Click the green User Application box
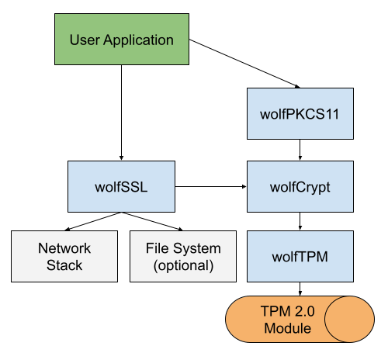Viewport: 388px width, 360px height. point(122,40)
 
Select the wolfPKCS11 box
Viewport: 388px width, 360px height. point(300,113)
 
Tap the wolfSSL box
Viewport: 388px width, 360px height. point(121,187)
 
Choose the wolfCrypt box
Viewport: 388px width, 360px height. point(300,187)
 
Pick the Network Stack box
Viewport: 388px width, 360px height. point(64,256)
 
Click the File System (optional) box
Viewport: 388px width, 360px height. point(183,256)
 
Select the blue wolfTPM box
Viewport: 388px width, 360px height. point(300,256)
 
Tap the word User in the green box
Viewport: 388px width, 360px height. point(85,40)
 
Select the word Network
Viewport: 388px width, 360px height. point(64,249)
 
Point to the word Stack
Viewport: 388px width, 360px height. point(64,265)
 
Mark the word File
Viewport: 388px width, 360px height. point(158,249)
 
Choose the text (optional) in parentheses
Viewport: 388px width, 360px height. point(183,265)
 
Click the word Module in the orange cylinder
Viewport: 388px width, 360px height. point(288,328)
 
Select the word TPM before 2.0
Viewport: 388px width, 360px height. point(275,312)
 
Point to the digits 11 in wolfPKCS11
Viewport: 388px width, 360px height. point(333,113)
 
